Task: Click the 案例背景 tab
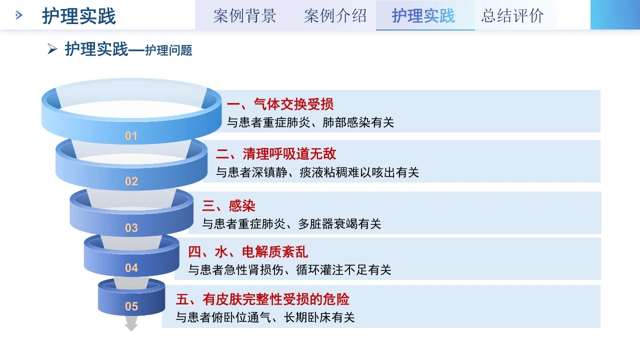(244, 15)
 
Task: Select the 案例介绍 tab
(335, 15)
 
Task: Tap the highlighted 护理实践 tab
(423, 15)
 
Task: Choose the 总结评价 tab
(512, 15)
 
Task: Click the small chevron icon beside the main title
(19, 15)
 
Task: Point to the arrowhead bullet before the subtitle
(52, 49)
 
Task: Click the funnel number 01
(131, 136)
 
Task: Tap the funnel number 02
(131, 181)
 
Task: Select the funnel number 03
(131, 227)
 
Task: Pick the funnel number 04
(131, 268)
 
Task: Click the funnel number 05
(131, 306)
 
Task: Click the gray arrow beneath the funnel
(131, 323)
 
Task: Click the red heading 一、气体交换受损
(280, 104)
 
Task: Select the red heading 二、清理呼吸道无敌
(276, 154)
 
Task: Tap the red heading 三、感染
(228, 205)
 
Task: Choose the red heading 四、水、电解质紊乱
(248, 252)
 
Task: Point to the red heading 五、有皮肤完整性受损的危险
(262, 299)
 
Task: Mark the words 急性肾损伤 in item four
(253, 270)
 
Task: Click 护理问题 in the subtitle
(168, 50)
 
